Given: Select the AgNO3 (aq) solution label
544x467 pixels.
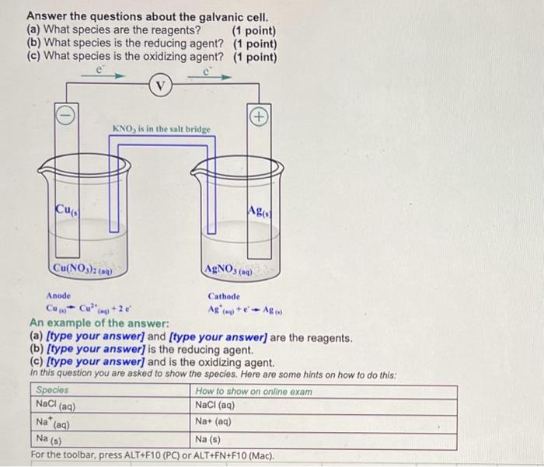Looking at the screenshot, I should point(234,270).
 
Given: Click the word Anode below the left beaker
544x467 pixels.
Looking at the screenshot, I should point(58,296).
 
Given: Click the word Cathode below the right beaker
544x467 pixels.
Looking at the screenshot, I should point(224,296).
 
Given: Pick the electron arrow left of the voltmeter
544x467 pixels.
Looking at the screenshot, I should point(109,76).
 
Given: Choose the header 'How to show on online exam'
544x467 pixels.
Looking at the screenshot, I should point(253,391).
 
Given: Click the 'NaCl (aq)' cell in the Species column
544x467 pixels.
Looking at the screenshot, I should point(56,406).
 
